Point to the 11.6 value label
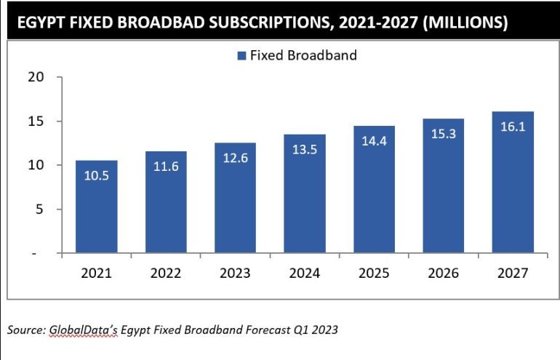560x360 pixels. coord(166,167)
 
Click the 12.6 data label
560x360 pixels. coord(235,158)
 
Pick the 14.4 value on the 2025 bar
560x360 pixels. coord(374,141)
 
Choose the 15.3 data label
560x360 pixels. coord(443,133)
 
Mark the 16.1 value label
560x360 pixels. coord(513,127)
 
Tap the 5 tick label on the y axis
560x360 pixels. coord(41,209)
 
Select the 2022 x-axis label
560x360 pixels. coord(166,274)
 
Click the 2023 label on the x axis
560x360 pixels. coord(235,274)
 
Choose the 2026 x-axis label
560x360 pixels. coord(443,274)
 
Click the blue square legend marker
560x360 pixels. coord(241,55)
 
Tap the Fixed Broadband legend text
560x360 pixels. coord(303,55)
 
